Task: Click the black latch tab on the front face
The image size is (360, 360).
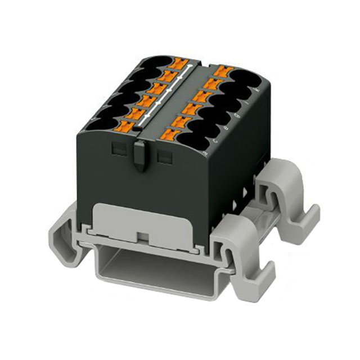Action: point(139,155)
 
